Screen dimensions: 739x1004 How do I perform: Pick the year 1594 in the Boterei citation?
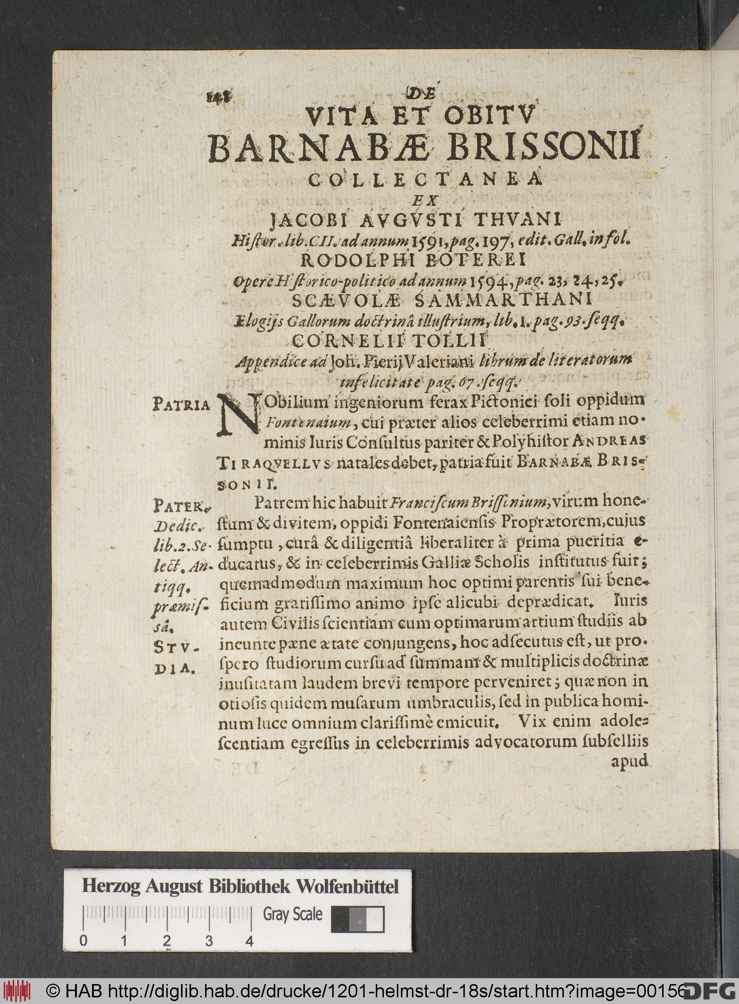tap(488, 282)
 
